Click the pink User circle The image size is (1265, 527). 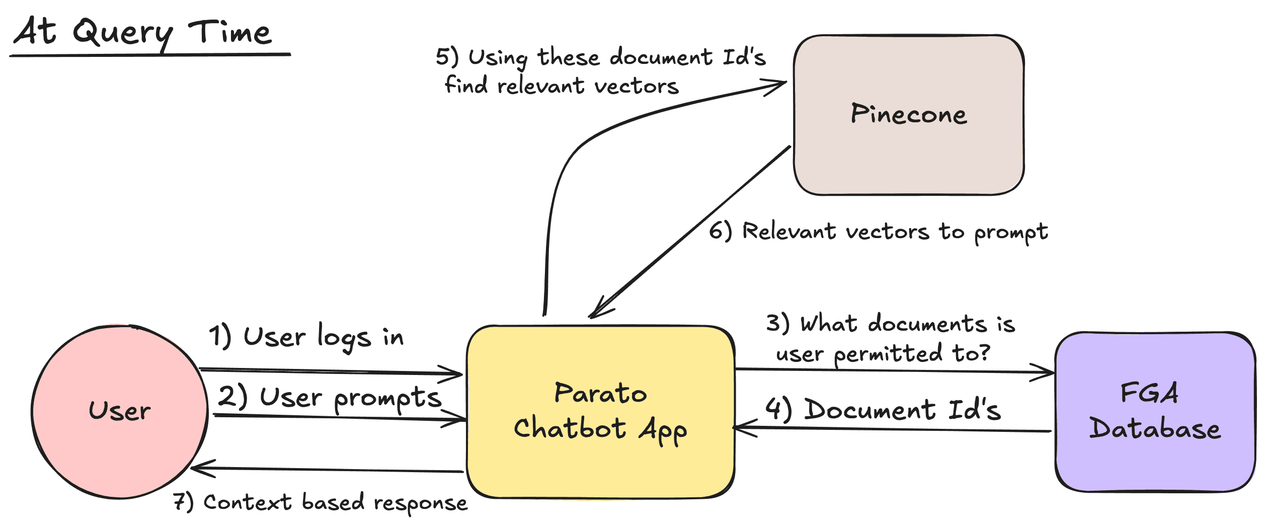[120, 411]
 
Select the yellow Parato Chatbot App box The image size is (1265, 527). [601, 412]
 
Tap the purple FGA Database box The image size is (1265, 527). [1155, 411]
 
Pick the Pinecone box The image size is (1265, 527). [909, 115]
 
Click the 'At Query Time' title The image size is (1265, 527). [143, 32]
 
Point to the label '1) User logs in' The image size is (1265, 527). [306, 337]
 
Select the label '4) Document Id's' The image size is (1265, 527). [883, 409]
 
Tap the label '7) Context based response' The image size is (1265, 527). [320, 502]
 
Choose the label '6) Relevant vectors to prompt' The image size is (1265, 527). [879, 233]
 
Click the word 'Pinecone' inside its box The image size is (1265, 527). [909, 114]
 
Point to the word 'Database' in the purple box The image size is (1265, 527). [1155, 429]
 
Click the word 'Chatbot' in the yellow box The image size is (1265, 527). [570, 428]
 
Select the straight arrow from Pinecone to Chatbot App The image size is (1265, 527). [689, 232]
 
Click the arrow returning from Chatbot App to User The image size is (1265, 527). [327, 470]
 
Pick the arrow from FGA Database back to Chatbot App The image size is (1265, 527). [892, 429]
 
